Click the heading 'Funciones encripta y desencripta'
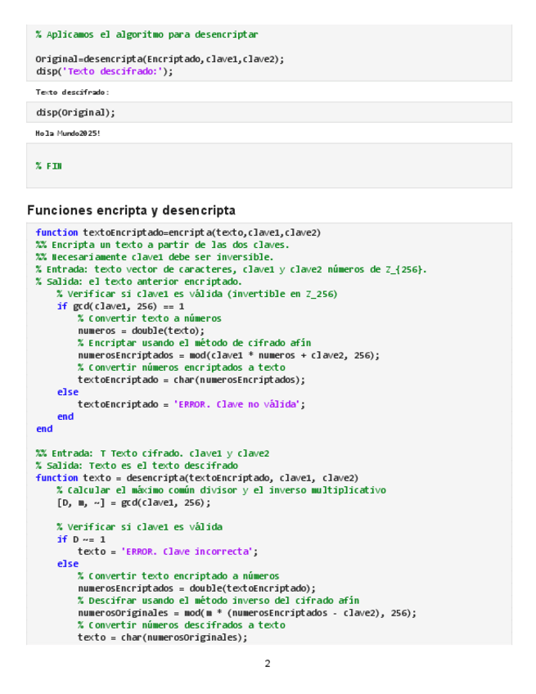click(x=131, y=210)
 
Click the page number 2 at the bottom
click(x=267, y=664)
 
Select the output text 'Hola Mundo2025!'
click(x=68, y=133)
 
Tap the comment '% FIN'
click(x=48, y=166)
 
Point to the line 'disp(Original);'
click(x=75, y=113)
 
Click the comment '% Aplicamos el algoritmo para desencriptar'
click(x=146, y=35)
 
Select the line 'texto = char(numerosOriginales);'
click(x=162, y=638)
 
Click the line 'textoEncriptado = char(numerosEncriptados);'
click(x=191, y=380)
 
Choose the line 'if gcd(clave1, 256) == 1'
click(x=121, y=306)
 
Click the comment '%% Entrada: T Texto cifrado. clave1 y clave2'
click(x=152, y=453)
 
